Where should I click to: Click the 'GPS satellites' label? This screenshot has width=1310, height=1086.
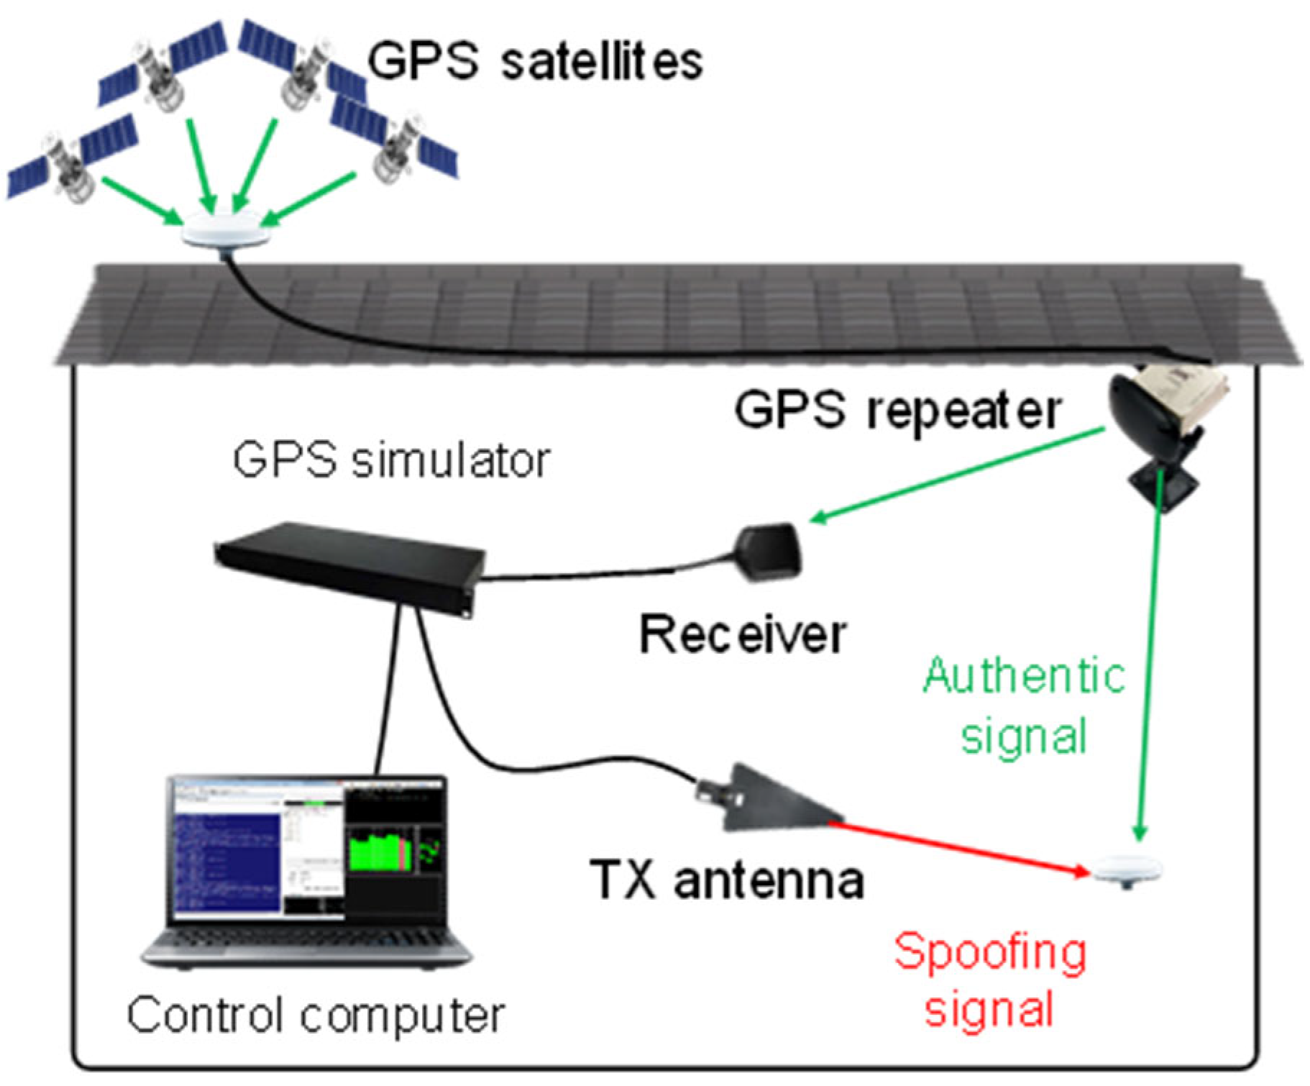536,61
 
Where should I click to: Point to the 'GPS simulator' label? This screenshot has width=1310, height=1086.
392,460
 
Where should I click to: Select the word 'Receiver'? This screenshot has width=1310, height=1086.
743,636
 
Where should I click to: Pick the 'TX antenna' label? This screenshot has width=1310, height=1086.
726,880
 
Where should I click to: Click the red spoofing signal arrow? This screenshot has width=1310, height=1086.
963,849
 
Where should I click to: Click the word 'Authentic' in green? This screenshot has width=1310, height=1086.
1024,676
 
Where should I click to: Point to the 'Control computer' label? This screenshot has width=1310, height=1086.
316,1016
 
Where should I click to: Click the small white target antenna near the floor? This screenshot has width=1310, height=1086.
1127,870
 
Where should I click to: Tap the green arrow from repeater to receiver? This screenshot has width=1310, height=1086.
956,475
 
